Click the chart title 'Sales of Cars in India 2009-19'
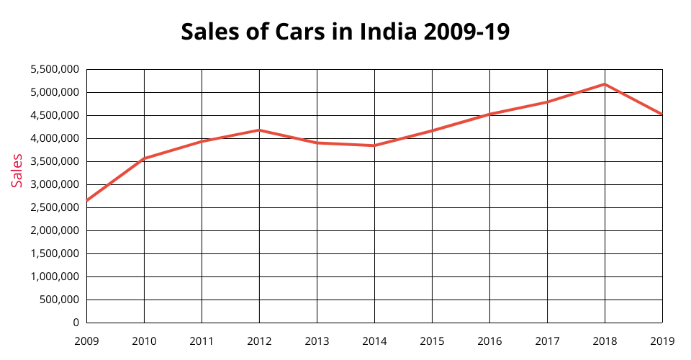(345, 32)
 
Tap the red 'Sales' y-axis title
(17, 171)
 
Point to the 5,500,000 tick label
(55, 69)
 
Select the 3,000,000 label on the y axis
(55, 184)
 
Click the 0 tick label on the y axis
(76, 323)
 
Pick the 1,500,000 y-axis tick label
(55, 253)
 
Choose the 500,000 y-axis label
(59, 300)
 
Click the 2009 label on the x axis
(86, 340)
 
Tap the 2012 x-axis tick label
(259, 340)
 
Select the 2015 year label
(432, 340)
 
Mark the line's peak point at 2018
(605, 84)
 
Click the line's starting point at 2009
(86, 200)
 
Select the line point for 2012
(259, 130)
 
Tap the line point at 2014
(374, 145)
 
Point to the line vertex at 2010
(144, 158)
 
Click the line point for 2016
(489, 114)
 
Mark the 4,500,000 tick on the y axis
(55, 115)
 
